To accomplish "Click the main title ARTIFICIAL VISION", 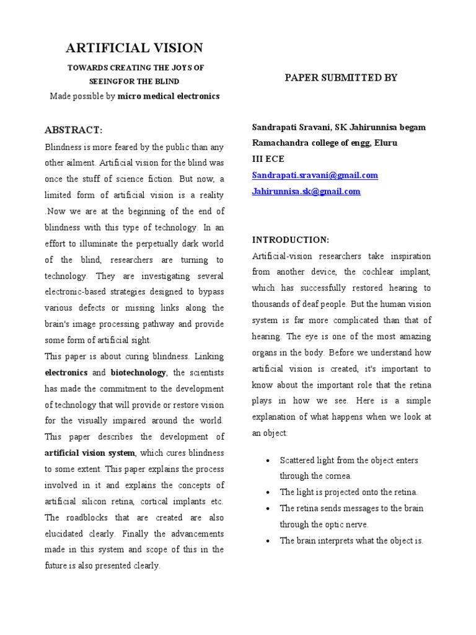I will pos(134,48).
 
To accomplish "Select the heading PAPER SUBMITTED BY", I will pos(341,78).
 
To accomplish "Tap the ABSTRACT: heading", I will pos(73,130).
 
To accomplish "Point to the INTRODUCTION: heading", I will pos(291,239).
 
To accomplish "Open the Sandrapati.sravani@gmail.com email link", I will pos(314,175).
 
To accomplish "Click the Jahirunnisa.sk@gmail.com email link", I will pos(306,192).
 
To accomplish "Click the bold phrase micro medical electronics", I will pos(169,97).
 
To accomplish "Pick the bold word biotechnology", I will pos(138,373).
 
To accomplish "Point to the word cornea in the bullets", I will pos(339,476).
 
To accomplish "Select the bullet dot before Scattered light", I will pos(266,461).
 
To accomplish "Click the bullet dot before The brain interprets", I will pos(266,541).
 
